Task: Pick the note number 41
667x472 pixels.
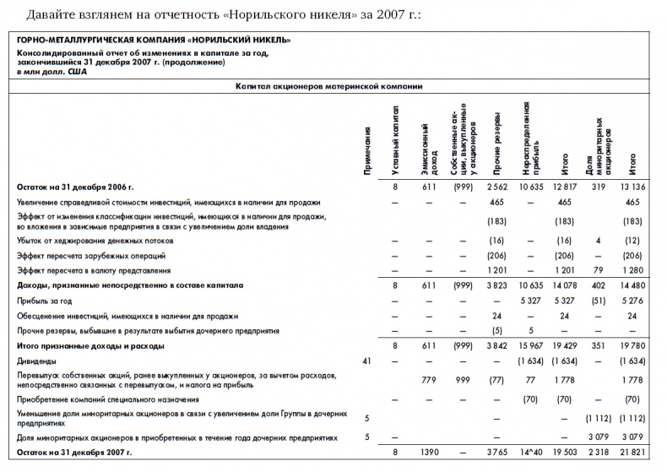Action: tap(366, 360)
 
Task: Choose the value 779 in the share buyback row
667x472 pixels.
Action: tap(429, 380)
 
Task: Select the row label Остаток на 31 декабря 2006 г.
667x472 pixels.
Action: tap(76, 187)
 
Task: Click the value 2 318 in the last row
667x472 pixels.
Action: tap(598, 453)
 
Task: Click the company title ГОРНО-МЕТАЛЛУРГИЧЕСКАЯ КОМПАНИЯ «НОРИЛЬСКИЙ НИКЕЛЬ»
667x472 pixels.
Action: tap(155, 40)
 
